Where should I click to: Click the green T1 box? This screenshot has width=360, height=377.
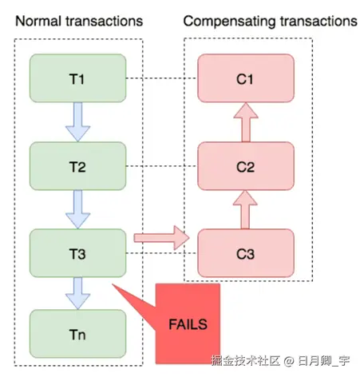click(x=77, y=78)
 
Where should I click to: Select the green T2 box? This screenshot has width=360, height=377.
click(x=77, y=166)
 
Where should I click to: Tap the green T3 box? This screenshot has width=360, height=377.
click(x=77, y=253)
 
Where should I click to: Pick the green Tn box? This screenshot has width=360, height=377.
click(x=77, y=334)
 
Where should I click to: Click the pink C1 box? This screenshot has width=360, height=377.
click(x=246, y=78)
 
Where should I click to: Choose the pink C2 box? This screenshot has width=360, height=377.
click(x=246, y=166)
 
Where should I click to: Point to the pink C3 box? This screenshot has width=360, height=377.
click(x=246, y=253)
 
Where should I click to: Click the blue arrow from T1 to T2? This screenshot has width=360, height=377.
click(x=77, y=122)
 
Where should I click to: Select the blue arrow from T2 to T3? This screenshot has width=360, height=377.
click(x=77, y=209)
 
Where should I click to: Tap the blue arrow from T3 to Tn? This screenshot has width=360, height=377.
click(x=77, y=293)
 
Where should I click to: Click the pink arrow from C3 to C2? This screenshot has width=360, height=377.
click(x=245, y=210)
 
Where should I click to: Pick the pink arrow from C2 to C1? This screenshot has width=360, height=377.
click(x=246, y=122)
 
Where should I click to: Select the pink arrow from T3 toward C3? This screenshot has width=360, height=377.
click(x=161, y=238)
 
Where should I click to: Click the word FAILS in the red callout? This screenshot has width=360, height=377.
click(x=188, y=324)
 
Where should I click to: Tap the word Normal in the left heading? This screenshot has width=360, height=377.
click(x=39, y=21)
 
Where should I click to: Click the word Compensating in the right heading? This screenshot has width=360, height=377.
click(x=229, y=22)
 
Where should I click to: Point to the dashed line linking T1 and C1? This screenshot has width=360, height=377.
click(x=162, y=78)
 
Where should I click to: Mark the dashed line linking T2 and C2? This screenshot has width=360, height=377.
click(x=162, y=166)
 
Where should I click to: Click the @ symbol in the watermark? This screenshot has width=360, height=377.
click(x=289, y=361)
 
